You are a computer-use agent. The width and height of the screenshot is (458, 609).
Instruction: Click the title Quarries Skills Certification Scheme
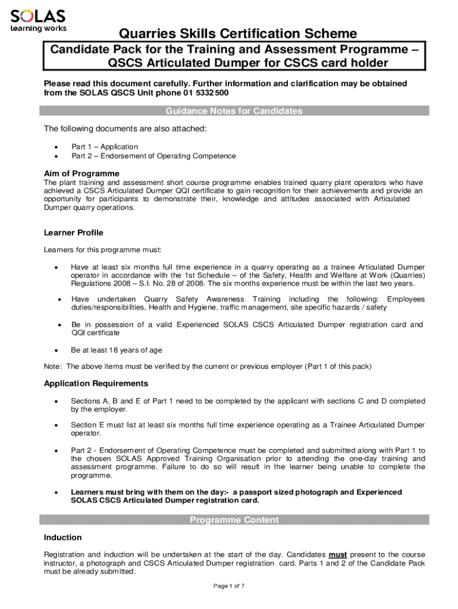click(x=238, y=34)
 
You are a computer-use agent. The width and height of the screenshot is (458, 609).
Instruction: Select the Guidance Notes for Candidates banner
click(x=234, y=111)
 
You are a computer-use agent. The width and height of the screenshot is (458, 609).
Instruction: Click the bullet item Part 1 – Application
click(x=105, y=146)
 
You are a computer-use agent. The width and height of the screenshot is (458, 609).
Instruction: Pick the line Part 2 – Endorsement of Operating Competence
click(x=153, y=156)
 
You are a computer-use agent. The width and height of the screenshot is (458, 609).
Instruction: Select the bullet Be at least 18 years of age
click(x=117, y=350)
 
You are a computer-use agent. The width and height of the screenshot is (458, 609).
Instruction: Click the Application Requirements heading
click(x=96, y=384)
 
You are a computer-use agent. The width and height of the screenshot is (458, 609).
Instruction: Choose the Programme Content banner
click(x=234, y=520)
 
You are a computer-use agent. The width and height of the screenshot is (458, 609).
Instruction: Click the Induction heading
click(x=63, y=538)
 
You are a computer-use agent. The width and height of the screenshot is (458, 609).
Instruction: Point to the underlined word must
click(x=338, y=554)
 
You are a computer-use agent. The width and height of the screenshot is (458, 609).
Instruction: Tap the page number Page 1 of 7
click(x=229, y=586)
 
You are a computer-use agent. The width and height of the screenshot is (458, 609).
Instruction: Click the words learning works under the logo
click(x=38, y=28)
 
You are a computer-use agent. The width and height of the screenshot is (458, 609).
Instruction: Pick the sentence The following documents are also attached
click(x=125, y=129)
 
